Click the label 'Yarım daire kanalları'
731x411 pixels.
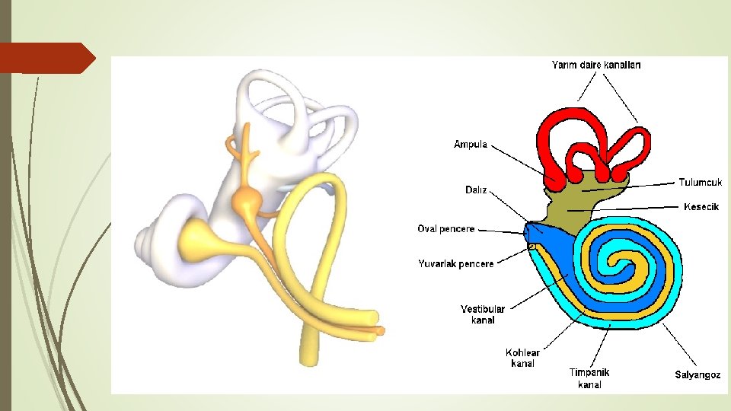click(x=595, y=65)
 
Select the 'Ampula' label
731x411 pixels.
click(x=471, y=144)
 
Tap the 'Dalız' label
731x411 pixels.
click(x=476, y=190)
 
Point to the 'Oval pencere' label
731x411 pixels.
click(x=446, y=228)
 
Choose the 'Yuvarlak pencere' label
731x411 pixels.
click(x=455, y=263)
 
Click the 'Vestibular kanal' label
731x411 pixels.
click(x=483, y=314)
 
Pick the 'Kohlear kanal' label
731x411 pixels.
click(x=523, y=358)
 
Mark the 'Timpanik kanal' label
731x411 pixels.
click(x=589, y=378)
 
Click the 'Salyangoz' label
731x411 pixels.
click(x=697, y=374)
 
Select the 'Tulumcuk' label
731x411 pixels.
click(x=700, y=183)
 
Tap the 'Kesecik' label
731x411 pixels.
click(x=701, y=206)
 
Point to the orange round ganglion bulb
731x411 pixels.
click(x=247, y=201)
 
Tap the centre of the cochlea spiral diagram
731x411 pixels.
click(x=627, y=267)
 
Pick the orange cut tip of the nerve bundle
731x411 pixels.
click(x=380, y=331)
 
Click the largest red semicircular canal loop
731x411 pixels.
click(x=570, y=137)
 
